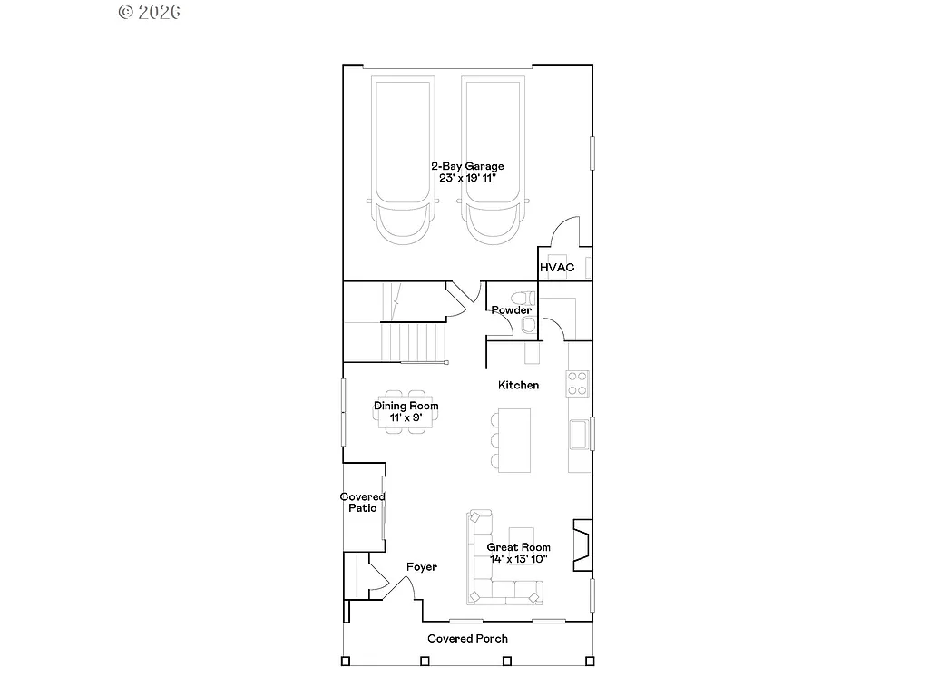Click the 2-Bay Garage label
pos(467,167)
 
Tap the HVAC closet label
pos(557,268)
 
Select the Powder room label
pos(511,310)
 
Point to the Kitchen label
pos(518,385)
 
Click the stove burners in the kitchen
pos(578,384)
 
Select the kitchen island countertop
pos(516,439)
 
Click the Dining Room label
pos(406,406)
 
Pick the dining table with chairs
pos(406,412)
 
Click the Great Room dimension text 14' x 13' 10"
pos(518,559)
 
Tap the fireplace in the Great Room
pos(582,545)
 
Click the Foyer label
pos(421,567)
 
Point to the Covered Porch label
pos(467,639)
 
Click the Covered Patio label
pos(362,502)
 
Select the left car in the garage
pos(405,159)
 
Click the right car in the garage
pos(494,159)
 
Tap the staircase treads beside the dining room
pos(413,343)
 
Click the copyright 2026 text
pos(149,12)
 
